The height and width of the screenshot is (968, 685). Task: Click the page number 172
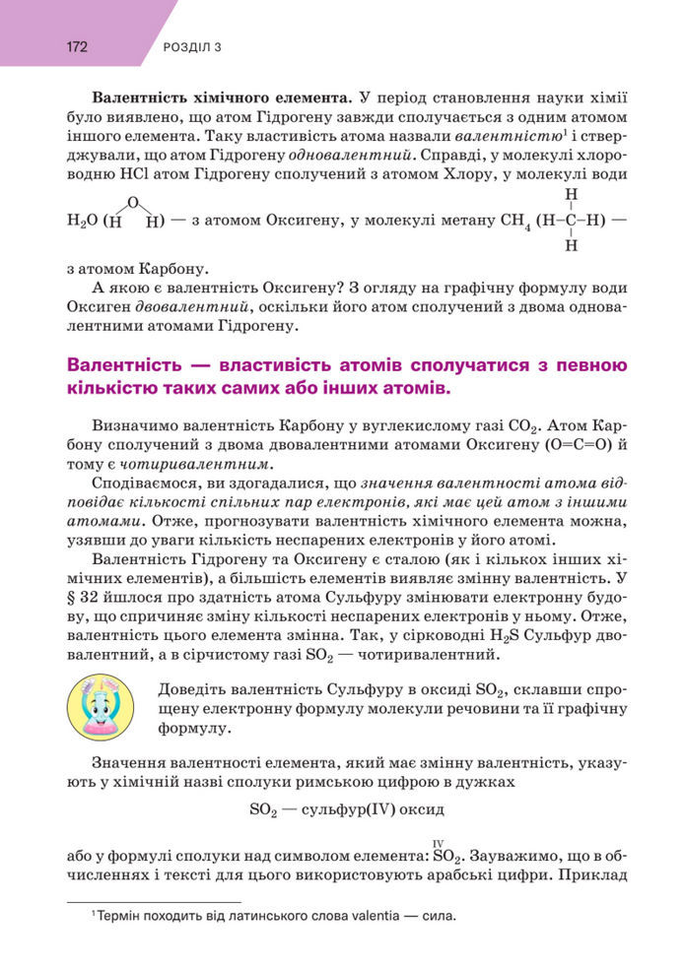click(x=78, y=46)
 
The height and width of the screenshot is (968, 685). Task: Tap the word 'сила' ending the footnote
click(x=440, y=916)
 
